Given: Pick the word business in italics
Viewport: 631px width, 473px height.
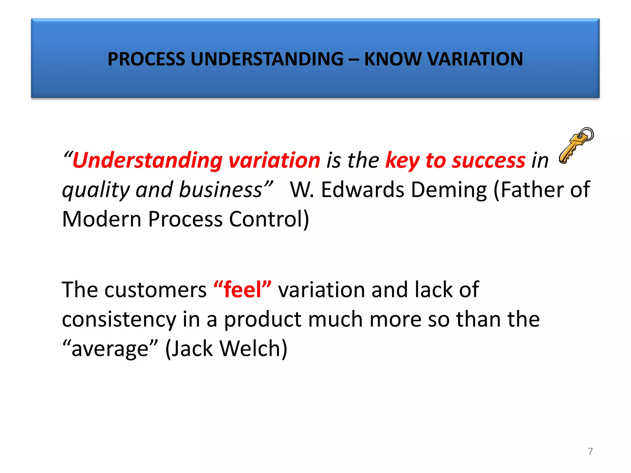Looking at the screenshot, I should coord(220,189).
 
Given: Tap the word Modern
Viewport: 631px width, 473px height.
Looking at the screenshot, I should coord(101,219).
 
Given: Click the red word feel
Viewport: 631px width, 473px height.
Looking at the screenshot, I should coord(242,289).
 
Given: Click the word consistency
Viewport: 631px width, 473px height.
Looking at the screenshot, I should coord(119,320).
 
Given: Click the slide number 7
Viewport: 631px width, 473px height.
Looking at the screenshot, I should coord(590,451).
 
